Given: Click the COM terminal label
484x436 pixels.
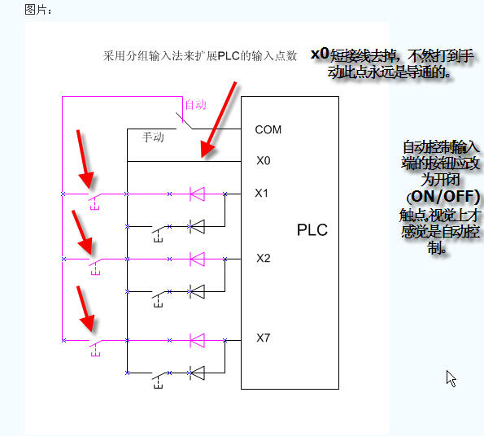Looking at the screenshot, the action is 268,129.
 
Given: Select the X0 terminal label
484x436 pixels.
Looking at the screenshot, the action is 264,161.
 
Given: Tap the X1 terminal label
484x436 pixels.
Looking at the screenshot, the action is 261,193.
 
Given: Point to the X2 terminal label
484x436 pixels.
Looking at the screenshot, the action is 264,258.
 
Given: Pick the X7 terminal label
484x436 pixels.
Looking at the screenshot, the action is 264,338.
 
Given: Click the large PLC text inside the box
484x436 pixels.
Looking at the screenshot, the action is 312,230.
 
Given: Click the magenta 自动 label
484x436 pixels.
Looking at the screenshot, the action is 195,105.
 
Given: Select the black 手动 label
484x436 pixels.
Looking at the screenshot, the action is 153,137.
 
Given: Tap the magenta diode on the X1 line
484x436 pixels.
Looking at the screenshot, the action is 197,194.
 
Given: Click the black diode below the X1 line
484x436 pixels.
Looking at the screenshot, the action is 197,226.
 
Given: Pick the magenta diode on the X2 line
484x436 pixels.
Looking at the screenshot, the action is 197,259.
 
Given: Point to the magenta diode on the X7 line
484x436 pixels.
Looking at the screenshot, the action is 197,340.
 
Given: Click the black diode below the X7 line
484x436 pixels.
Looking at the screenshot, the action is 197,373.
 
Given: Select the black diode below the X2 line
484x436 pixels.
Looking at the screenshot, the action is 197,291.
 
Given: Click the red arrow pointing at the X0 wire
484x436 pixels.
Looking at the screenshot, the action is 218,120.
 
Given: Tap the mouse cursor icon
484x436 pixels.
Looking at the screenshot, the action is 451,378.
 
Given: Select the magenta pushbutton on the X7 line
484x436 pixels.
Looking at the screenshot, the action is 95,347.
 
